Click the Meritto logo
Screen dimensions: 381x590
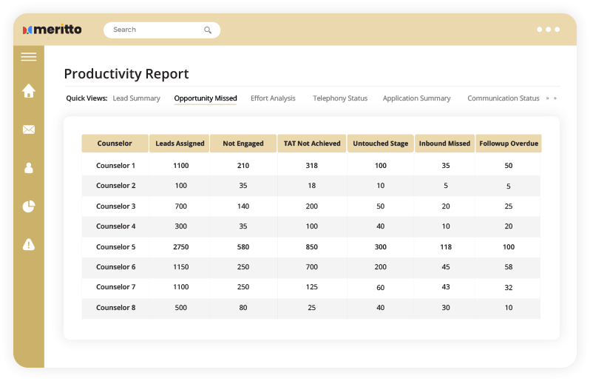[52, 30]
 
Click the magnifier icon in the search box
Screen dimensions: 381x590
[208, 30]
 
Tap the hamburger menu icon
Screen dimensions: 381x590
[29, 57]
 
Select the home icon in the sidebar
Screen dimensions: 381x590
[29, 91]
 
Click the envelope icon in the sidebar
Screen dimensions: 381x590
[29, 129]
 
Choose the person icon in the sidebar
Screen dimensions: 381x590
[29, 168]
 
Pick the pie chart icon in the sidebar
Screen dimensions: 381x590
[29, 206]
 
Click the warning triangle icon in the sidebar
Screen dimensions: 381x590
[29, 244]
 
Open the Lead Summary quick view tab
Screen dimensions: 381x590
[136, 98]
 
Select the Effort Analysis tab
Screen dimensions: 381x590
[273, 98]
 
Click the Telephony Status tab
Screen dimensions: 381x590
[340, 98]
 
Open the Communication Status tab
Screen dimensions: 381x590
[503, 98]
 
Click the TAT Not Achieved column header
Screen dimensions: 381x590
[312, 144]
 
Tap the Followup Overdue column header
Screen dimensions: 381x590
[509, 144]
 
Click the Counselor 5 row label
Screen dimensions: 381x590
[115, 246]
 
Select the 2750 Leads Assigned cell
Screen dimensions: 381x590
[180, 246]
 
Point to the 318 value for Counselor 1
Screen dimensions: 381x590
[311, 166]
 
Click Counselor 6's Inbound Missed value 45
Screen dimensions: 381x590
[446, 267]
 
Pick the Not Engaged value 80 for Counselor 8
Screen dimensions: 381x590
[243, 307]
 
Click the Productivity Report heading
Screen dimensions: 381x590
[126, 74]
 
